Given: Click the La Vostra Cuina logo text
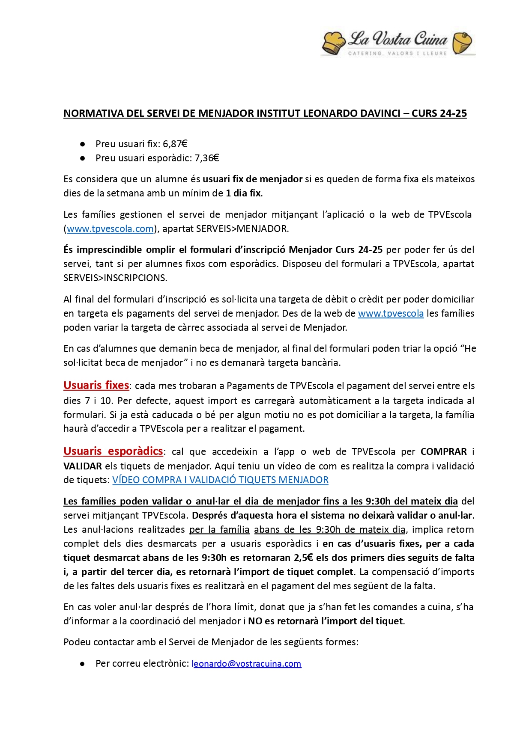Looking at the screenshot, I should (x=398, y=39).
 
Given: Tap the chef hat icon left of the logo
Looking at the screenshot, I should (x=333, y=43).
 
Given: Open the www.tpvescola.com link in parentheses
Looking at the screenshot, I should (x=110, y=229).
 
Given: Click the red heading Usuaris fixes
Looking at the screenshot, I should (x=96, y=385).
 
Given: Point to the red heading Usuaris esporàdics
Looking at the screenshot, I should (x=113, y=451).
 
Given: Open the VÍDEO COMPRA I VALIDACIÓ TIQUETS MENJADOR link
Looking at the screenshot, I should (x=220, y=480).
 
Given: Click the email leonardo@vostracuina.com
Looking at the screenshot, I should (x=246, y=663).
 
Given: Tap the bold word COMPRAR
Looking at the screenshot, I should (x=443, y=451).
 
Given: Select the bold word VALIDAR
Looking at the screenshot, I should (x=83, y=466).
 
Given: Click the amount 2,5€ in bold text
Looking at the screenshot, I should (x=304, y=558).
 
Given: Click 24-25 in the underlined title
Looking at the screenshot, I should (x=453, y=113).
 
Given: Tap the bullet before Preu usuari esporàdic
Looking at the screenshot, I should (x=82, y=158).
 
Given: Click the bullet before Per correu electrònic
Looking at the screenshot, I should (x=82, y=664).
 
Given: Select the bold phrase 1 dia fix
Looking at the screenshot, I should (x=243, y=193).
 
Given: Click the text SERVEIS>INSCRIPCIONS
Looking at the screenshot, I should (x=115, y=278).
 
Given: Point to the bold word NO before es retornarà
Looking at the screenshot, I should (x=255, y=621).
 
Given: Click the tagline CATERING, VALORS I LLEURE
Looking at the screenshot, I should (x=398, y=53).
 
